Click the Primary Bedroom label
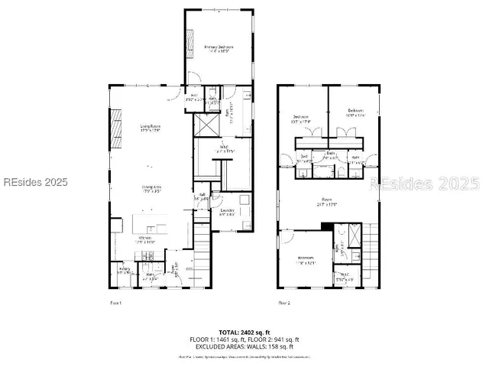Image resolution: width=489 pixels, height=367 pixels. (x=219, y=49)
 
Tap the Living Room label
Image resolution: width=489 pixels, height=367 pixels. (x=149, y=128)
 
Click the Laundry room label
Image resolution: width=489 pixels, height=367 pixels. (x=226, y=212)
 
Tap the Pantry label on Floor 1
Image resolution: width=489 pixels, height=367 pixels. (x=124, y=269)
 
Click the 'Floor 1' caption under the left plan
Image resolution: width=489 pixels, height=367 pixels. (x=116, y=304)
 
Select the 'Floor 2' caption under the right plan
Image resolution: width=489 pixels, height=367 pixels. (x=283, y=304)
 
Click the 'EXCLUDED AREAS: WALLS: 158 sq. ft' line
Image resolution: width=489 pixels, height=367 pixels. (x=244, y=346)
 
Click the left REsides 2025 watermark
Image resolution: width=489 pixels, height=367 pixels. (x=34, y=183)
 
